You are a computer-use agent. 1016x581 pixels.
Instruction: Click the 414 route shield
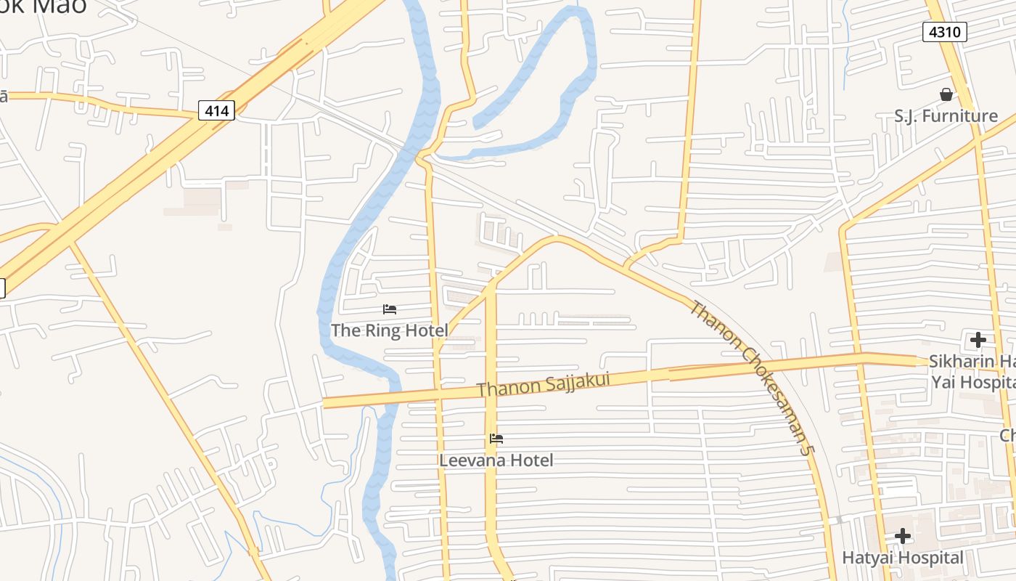(216, 110)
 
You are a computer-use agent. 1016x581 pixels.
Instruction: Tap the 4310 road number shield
(944, 32)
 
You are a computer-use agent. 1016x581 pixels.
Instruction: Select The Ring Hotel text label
(390, 330)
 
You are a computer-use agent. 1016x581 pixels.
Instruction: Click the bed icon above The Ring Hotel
(390, 309)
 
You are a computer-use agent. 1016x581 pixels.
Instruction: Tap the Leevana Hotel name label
(496, 460)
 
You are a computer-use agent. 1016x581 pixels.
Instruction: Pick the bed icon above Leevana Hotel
(496, 439)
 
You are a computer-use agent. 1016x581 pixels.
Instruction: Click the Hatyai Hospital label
(903, 558)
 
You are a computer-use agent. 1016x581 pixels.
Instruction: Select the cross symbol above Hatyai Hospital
(903, 537)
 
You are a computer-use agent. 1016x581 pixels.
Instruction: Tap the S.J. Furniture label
(946, 116)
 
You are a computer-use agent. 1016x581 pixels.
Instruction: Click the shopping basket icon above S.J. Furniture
(946, 94)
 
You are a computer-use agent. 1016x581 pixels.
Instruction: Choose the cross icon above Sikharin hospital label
(978, 339)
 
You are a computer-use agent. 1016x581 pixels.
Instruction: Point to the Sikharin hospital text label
(972, 371)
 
